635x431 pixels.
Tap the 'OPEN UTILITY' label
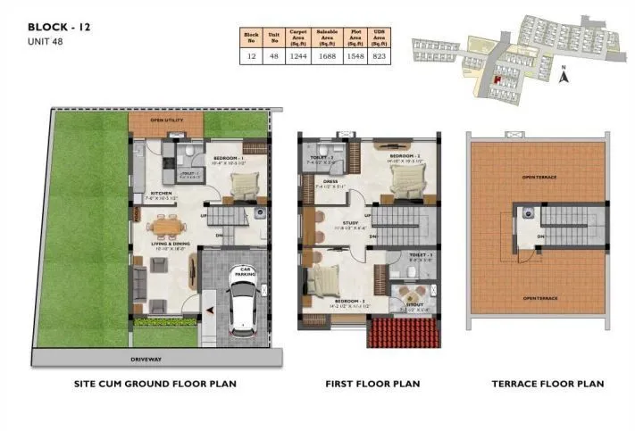[x=167, y=120]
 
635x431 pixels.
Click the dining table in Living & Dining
[x=164, y=228]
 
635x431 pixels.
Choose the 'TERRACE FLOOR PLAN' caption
[x=547, y=384]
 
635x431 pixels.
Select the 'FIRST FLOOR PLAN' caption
[x=372, y=384]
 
